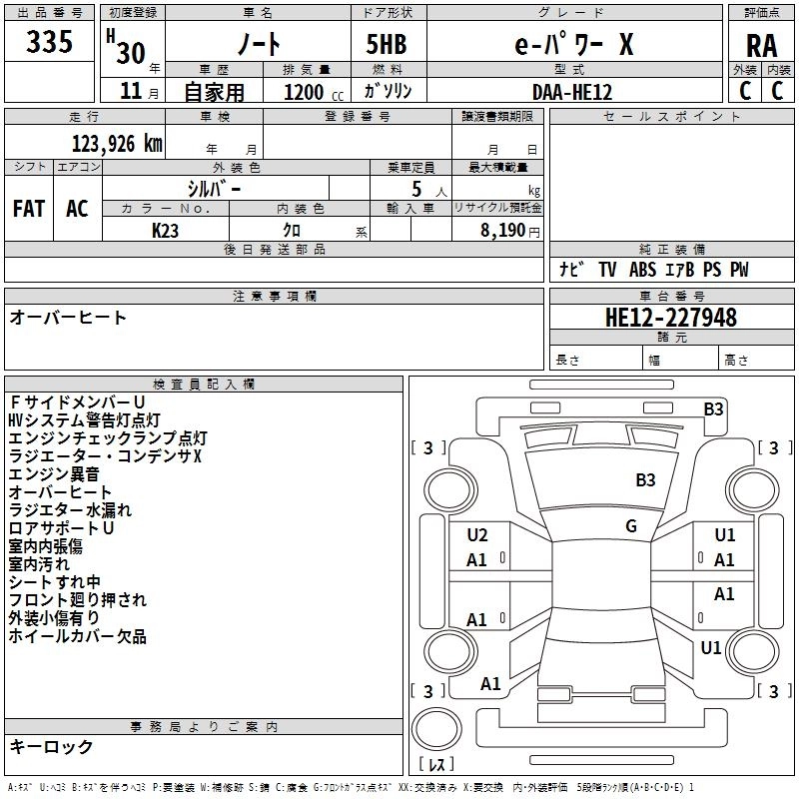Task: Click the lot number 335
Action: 50,42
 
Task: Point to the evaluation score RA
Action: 761,46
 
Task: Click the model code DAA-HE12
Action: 572,92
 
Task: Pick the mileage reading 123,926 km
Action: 117,143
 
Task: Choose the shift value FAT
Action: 28,209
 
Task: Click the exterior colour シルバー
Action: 214,188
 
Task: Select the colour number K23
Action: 166,230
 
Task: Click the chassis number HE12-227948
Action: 671,318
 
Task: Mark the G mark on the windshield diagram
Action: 631,526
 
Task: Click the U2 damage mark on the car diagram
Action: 477,535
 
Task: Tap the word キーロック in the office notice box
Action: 52,746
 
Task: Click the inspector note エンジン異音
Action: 54,474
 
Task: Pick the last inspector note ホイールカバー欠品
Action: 78,636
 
